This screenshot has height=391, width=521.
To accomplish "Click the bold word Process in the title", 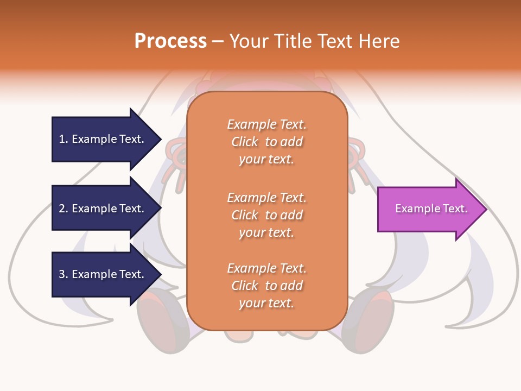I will pyautogui.click(x=170, y=41).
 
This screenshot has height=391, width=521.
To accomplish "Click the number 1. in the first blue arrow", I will pyautogui.click(x=63, y=139).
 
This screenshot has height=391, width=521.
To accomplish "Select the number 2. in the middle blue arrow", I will pyautogui.click(x=63, y=209).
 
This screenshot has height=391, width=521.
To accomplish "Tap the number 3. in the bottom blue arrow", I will pyautogui.click(x=63, y=274).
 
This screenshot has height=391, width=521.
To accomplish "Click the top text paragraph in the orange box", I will pyautogui.click(x=266, y=142).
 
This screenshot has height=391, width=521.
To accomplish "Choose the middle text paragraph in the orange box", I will pyautogui.click(x=266, y=215).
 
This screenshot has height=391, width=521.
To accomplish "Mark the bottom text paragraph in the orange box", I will pyautogui.click(x=266, y=286).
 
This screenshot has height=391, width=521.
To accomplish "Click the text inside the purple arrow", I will pyautogui.click(x=431, y=209).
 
